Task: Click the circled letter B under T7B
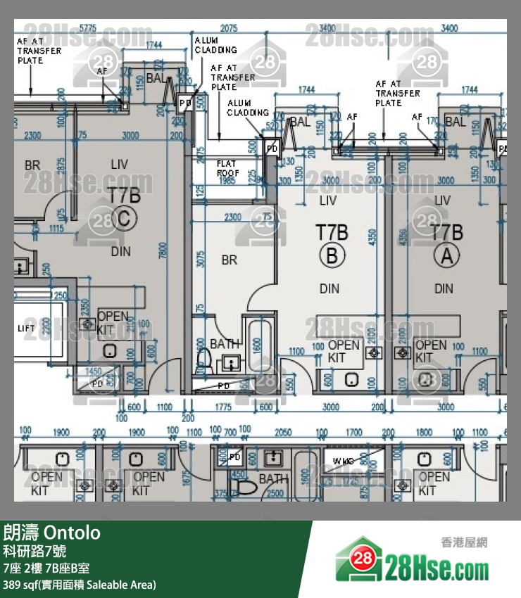332,257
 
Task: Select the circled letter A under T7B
445,257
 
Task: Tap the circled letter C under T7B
123,220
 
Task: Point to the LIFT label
26,329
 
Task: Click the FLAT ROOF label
227,168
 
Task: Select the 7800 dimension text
163,250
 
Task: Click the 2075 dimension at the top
229,29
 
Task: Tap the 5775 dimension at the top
88,28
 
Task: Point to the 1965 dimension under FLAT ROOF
227,182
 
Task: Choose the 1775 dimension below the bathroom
224,407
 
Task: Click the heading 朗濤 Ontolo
52,533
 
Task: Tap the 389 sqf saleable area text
79,585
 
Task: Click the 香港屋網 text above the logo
463,542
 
